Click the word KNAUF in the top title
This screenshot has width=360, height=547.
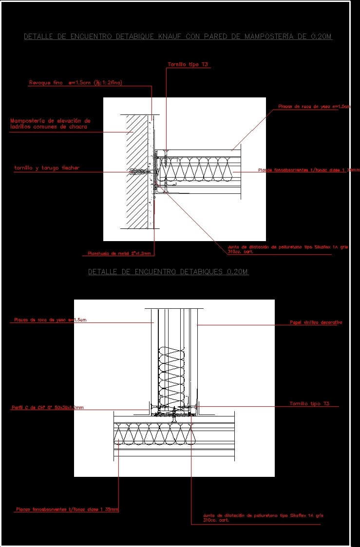(x=169, y=37)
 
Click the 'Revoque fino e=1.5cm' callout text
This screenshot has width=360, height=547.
(x=75, y=83)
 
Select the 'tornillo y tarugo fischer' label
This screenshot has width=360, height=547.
(x=46, y=168)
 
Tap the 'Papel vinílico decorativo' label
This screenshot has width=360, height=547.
(x=316, y=322)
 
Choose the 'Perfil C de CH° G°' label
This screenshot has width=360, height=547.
(x=47, y=407)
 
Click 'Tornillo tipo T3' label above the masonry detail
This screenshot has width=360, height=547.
(x=188, y=64)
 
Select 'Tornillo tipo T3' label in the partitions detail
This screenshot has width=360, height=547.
(x=309, y=404)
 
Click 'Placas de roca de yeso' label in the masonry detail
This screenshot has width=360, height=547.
(x=314, y=106)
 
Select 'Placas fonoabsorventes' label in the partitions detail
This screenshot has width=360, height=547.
(x=67, y=509)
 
